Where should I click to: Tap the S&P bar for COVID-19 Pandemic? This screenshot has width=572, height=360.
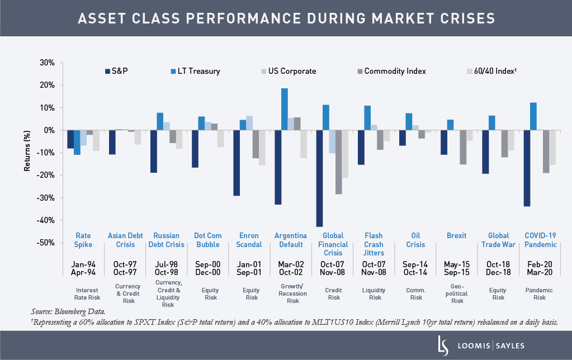coord(527,168)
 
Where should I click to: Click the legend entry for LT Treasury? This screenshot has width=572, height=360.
coord(195,71)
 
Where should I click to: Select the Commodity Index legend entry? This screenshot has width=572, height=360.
coord(391,71)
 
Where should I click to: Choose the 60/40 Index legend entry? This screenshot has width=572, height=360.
coord(491,71)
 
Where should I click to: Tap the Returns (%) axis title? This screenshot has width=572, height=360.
coord(27,152)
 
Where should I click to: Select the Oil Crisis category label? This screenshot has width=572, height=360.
coord(416,240)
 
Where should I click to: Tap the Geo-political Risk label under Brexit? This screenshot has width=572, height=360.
coord(457,293)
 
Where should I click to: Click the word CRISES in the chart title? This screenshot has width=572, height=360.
coord(459,18)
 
